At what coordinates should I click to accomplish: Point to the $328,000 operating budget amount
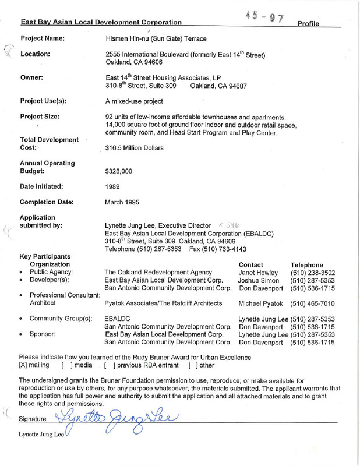coord(119,172)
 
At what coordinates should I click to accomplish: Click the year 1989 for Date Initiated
coord(113,187)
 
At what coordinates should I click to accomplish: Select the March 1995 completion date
coord(122,203)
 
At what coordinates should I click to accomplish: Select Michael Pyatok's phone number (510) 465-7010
coord(317,304)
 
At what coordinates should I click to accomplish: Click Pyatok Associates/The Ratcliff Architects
coord(164,304)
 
